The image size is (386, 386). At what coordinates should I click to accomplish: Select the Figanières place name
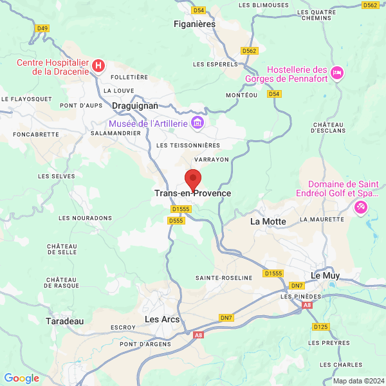pyautogui.click(x=194, y=24)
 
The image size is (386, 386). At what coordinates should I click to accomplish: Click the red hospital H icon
pyautogui.click(x=98, y=65)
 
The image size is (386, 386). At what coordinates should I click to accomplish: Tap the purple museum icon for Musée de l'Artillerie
pyautogui.click(x=198, y=123)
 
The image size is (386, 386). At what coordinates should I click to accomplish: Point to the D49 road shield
pyautogui.click(x=42, y=28)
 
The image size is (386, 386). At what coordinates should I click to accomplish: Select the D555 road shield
pyautogui.click(x=176, y=220)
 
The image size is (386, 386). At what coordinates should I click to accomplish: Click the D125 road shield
pyautogui.click(x=321, y=327)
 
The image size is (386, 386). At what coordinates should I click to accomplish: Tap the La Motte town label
pyautogui.click(x=268, y=221)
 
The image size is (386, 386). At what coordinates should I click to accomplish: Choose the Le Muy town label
pyautogui.click(x=325, y=275)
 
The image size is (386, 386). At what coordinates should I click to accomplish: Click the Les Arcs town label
pyautogui.click(x=162, y=319)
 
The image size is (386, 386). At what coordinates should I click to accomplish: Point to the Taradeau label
pyautogui.click(x=65, y=320)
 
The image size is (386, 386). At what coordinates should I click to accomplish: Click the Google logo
pyautogui.click(x=21, y=378)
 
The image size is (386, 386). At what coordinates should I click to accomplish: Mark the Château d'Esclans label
pyautogui.click(x=329, y=127)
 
